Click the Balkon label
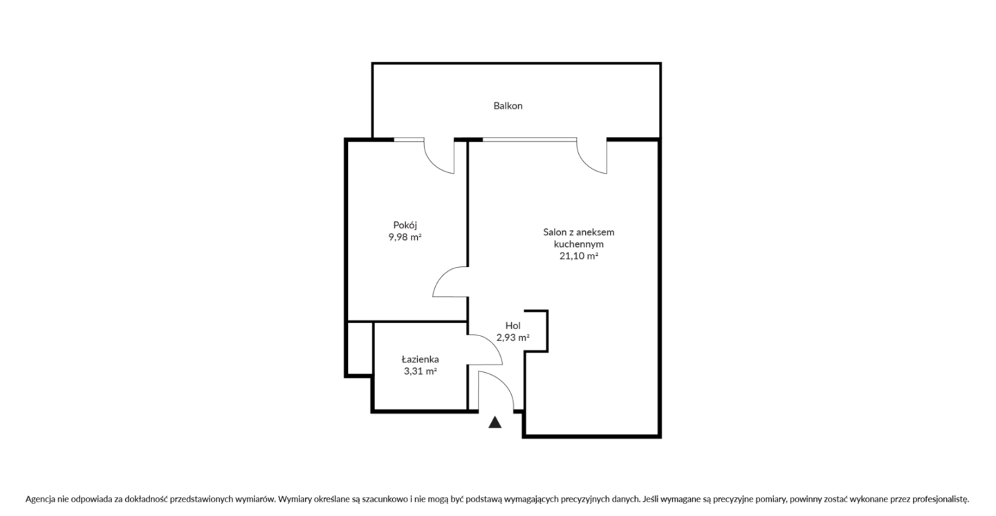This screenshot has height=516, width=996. [508, 106]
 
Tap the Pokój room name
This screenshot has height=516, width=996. [405, 225]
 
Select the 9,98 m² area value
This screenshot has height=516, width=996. [405, 237]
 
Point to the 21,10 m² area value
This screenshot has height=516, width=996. [578, 256]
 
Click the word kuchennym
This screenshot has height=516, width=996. [578, 243]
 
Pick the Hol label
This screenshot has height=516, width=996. [513, 326]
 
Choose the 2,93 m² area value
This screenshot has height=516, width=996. [513, 338]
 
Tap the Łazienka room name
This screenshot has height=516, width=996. [421, 359]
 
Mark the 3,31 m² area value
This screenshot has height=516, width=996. [421, 371]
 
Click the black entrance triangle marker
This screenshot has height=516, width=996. [495, 423]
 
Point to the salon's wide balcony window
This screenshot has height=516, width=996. [530, 140]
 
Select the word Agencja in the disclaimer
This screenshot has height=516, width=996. [40, 499]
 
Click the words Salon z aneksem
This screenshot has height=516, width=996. [578, 232]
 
